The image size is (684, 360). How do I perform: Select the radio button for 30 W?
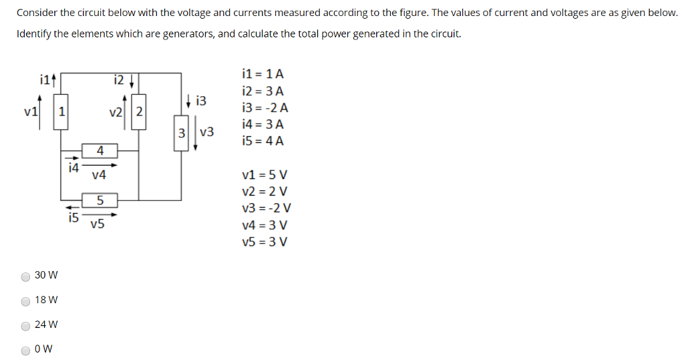[25, 276]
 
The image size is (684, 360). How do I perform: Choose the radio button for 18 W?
[25, 301]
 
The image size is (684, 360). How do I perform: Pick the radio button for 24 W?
[25, 325]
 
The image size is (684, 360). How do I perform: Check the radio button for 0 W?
[25, 350]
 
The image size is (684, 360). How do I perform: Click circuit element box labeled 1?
[61, 112]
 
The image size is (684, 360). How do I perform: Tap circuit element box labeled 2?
[139, 112]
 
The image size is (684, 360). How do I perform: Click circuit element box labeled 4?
[100, 150]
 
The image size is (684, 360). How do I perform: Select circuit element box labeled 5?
[100, 200]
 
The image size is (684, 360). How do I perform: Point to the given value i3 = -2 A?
[265, 108]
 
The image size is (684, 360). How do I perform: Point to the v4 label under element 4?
[99, 175]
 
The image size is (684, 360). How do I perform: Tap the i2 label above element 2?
[119, 81]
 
